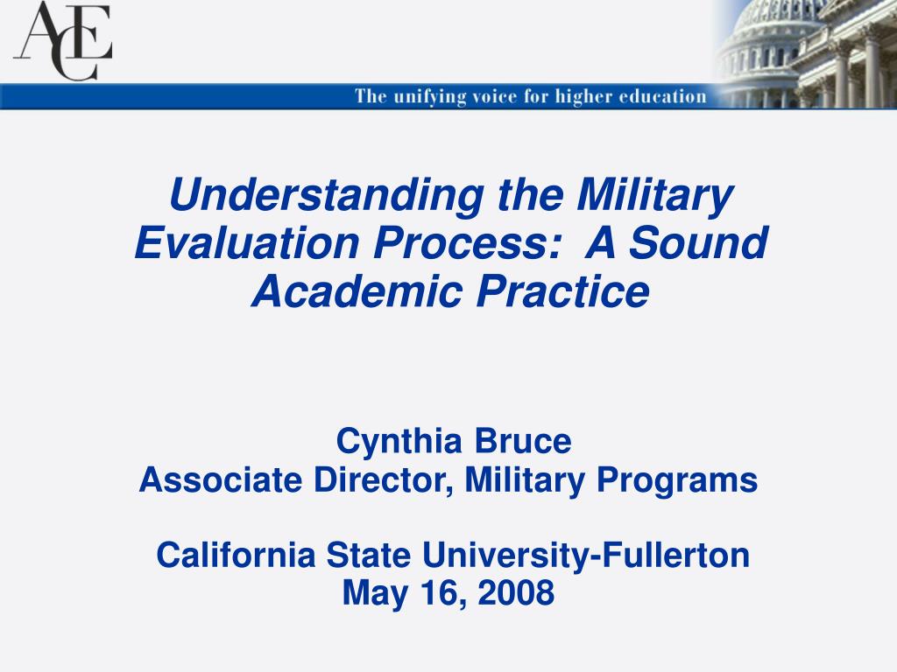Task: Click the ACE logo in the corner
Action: pos(62,40)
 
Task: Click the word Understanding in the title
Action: pos(327,195)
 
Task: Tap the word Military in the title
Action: pos(654,195)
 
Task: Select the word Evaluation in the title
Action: pos(247,243)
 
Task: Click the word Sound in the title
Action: pos(698,243)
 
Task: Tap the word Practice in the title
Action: pos(563,290)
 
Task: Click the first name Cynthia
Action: pos(399,442)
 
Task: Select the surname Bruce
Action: pos(523,441)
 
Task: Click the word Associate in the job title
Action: pos(220,480)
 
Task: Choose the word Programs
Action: pos(677,481)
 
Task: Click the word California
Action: pos(236,556)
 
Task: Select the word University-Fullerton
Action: pos(586,556)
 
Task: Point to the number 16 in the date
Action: pos(441,593)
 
